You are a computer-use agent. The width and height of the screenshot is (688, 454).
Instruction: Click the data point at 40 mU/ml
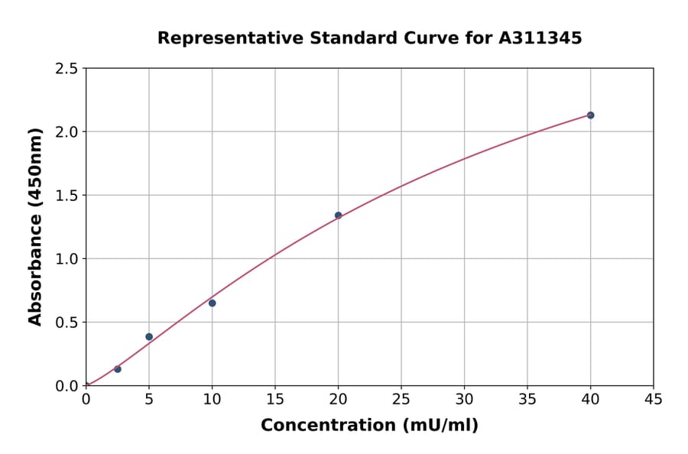(x=590, y=115)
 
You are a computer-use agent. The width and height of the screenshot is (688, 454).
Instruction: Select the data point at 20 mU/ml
(x=338, y=216)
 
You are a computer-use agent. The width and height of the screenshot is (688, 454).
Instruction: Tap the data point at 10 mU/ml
(x=212, y=303)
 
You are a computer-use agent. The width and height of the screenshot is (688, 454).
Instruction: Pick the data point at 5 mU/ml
(x=149, y=337)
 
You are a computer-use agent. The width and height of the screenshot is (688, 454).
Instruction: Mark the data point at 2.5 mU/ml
(x=118, y=369)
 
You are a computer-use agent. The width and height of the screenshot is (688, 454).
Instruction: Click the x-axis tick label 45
(x=654, y=400)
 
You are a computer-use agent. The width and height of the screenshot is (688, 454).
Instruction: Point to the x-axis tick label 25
(x=401, y=400)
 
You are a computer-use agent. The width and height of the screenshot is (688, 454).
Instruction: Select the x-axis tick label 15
(x=275, y=400)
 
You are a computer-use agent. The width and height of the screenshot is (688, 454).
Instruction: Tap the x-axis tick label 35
(x=527, y=400)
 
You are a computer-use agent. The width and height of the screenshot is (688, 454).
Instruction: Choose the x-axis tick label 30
(x=464, y=400)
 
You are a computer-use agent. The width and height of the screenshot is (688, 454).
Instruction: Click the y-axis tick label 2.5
(x=67, y=69)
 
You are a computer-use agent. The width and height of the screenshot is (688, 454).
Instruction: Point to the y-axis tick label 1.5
(x=67, y=196)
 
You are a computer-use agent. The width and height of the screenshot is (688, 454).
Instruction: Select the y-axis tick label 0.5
(x=67, y=323)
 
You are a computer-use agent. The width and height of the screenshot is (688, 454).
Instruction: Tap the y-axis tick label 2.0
(x=67, y=132)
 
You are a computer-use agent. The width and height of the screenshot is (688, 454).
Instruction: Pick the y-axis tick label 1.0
(x=67, y=259)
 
